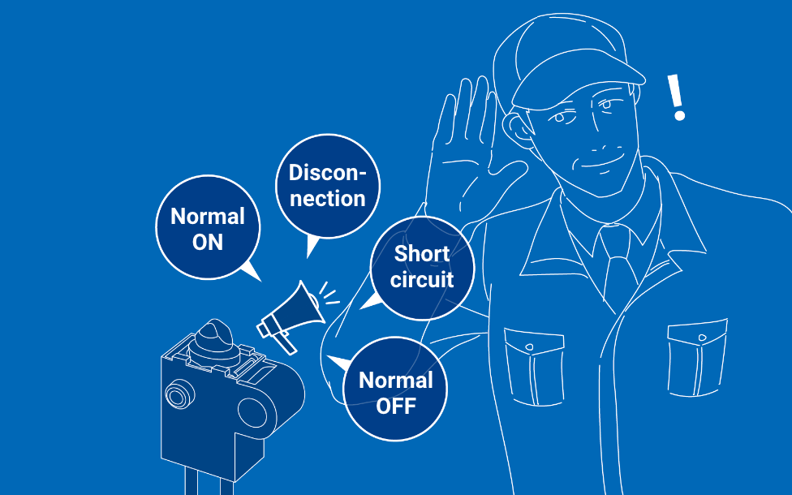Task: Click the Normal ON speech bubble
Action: [208, 227]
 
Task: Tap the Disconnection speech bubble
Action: [327, 186]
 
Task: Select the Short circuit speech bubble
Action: [422, 268]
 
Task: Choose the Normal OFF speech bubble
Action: [395, 389]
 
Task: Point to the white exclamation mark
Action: [676, 97]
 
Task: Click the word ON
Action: [208, 243]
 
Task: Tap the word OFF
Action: [395, 406]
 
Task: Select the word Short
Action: [422, 254]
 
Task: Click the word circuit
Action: [422, 280]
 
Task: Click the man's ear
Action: [517, 128]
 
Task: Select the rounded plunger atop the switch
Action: [215, 339]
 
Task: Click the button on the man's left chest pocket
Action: [701, 338]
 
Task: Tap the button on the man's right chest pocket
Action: [529, 347]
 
